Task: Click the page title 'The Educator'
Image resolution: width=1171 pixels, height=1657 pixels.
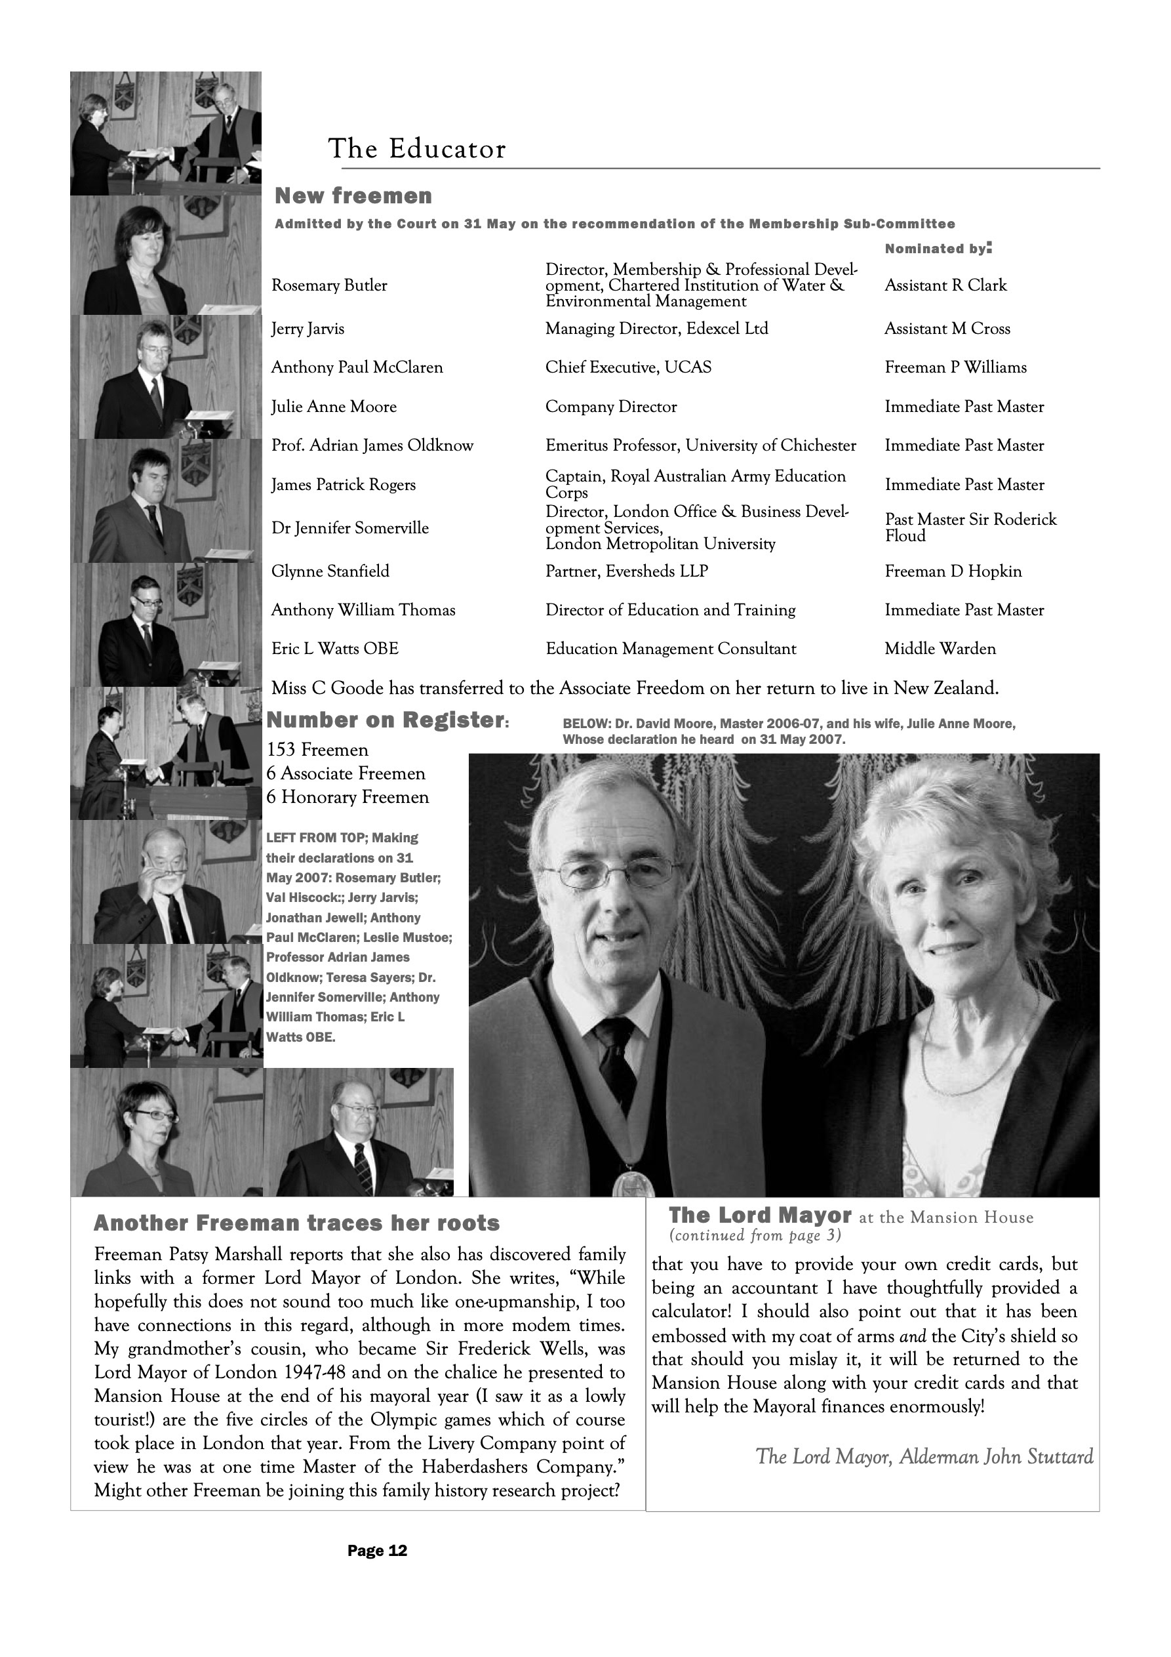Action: click(x=417, y=150)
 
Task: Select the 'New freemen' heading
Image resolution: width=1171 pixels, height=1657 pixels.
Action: click(x=353, y=196)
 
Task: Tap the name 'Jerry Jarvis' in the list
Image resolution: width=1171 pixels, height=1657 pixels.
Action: click(x=308, y=329)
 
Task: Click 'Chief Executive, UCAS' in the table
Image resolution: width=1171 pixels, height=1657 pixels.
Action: click(x=627, y=367)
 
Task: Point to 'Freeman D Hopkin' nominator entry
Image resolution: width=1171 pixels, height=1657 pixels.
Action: click(x=953, y=571)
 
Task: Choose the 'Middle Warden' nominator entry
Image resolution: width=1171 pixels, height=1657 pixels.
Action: click(x=940, y=649)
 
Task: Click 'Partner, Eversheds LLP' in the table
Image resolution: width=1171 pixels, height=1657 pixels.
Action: click(x=626, y=571)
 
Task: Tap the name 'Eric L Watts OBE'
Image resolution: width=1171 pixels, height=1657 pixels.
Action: click(x=335, y=649)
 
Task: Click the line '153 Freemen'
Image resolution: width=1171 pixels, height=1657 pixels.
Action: click(x=317, y=750)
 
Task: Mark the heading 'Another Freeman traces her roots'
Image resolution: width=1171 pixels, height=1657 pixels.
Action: click(x=296, y=1223)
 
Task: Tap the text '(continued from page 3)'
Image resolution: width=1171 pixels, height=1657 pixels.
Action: click(x=755, y=1235)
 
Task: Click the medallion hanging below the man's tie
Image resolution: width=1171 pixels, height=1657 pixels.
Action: click(x=633, y=1183)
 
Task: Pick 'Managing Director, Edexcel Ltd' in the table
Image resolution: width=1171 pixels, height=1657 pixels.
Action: click(x=656, y=329)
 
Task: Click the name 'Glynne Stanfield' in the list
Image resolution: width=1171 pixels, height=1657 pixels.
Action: click(x=330, y=571)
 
